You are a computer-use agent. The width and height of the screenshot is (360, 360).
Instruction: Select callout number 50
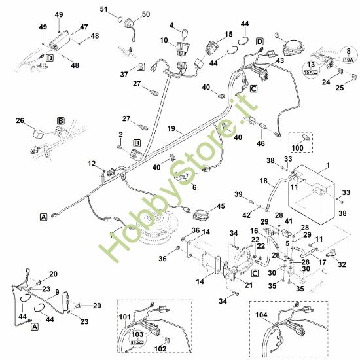coord(145,14)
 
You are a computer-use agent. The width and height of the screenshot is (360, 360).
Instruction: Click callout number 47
coord(84,27)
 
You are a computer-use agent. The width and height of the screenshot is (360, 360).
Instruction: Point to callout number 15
coord(228,34)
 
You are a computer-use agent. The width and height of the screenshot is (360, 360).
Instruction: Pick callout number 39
coord(239,194)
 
